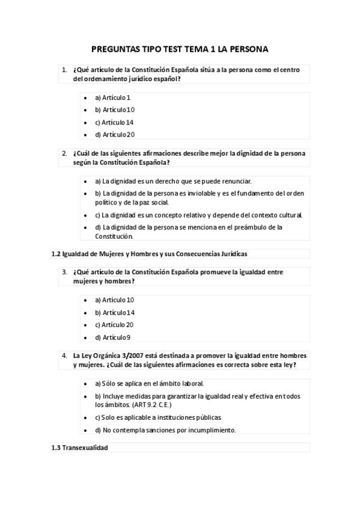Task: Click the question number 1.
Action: (64, 70)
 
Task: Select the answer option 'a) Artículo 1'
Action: (112, 97)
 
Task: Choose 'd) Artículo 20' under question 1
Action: (114, 134)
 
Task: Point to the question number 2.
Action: (64, 153)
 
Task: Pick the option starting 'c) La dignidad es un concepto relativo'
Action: (198, 215)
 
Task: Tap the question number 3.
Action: (64, 272)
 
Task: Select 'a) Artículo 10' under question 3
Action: (114, 300)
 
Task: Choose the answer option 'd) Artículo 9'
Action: (112, 337)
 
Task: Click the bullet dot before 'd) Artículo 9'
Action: (87, 337)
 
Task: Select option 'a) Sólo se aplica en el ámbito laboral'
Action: (149, 383)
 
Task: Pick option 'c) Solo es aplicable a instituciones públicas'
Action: (158, 417)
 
